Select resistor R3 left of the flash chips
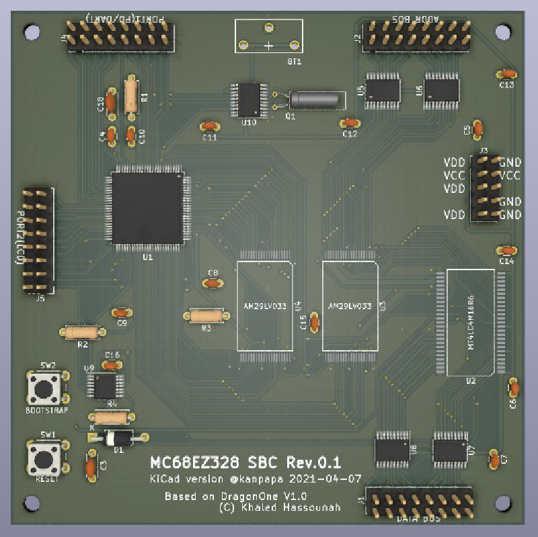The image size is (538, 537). (x=206, y=315)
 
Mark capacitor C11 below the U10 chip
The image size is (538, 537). (x=210, y=126)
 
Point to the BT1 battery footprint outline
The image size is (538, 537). (x=268, y=36)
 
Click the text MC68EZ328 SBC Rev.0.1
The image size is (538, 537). (x=245, y=462)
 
